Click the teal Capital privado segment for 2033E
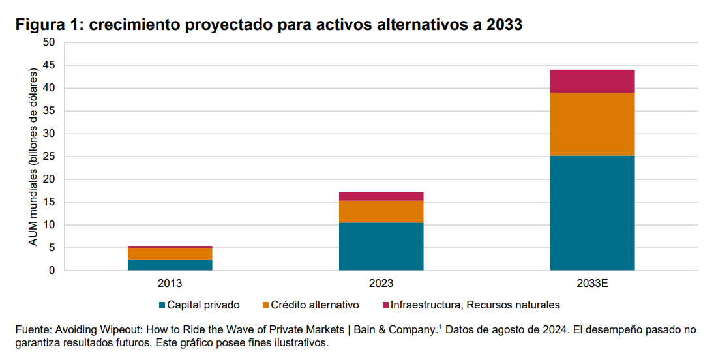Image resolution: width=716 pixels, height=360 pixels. (x=592, y=213)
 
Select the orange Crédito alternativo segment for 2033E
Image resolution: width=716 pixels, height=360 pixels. (x=592, y=124)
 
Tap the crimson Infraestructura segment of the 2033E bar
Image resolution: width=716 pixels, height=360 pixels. (x=592, y=81)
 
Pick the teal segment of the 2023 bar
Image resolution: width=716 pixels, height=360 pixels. (x=381, y=247)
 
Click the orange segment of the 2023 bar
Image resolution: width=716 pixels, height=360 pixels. (x=381, y=211)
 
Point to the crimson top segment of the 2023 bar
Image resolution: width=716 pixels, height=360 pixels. (x=381, y=196)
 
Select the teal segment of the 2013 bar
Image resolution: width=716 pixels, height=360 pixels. (x=170, y=265)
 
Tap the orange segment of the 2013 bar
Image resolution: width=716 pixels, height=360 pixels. (x=170, y=254)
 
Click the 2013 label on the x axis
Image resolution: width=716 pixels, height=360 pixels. (x=170, y=284)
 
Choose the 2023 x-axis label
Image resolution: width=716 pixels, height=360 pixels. (x=381, y=284)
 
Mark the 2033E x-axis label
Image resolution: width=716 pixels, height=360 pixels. (x=592, y=284)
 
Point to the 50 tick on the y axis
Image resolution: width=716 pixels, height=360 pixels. (x=50, y=42)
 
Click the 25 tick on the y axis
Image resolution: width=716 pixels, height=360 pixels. (x=50, y=157)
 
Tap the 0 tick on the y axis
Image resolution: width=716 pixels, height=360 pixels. (x=52, y=271)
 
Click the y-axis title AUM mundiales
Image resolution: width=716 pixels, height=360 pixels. (x=33, y=157)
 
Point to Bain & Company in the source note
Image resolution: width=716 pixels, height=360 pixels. (x=395, y=330)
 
